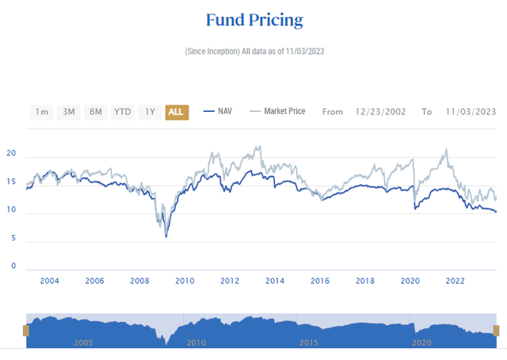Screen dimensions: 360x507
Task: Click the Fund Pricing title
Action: click(253, 19)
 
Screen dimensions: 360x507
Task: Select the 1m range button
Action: click(42, 112)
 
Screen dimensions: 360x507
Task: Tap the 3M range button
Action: click(69, 112)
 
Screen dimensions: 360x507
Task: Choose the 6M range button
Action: click(96, 112)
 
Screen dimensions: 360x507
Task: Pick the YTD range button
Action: click(122, 112)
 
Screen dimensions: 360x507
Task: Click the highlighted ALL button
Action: click(176, 112)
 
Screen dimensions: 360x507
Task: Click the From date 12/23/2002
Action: click(380, 112)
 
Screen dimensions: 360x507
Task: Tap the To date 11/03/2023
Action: click(470, 112)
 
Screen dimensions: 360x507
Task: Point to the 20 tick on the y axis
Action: click(12, 155)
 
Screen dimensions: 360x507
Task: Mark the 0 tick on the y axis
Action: click(13, 266)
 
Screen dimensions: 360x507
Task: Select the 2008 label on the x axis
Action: click(139, 281)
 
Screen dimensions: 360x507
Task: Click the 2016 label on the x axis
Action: click(320, 281)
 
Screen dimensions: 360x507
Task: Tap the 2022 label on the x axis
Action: click(456, 281)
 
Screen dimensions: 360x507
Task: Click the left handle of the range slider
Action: click(26, 330)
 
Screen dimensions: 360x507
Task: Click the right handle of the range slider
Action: click(497, 330)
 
